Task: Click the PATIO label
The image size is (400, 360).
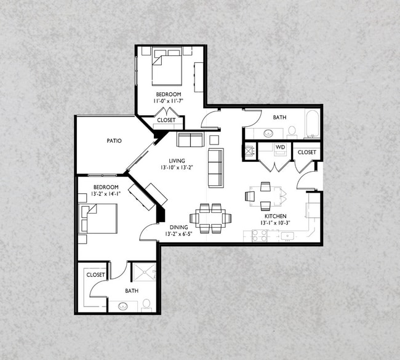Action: tap(114, 140)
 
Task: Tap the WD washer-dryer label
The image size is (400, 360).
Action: tap(280, 147)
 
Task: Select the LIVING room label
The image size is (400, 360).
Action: tap(177, 161)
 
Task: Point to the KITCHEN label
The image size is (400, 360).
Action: tap(276, 216)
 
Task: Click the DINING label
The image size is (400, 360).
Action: tap(179, 227)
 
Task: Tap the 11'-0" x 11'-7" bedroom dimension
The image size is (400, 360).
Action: tap(169, 101)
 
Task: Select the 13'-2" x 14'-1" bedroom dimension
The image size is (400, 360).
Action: tap(106, 194)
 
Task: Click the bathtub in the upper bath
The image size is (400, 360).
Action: tap(312, 123)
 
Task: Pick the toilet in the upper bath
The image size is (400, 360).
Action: tap(292, 132)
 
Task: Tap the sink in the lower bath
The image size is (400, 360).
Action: tap(123, 306)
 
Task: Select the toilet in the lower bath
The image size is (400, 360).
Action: tap(146, 305)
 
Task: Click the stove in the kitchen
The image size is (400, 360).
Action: tap(260, 236)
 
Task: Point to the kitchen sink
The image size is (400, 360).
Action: tap(287, 236)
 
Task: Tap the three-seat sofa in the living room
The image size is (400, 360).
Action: tap(216, 168)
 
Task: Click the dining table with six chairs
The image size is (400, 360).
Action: tap(210, 218)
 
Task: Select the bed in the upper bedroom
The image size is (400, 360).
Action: tap(167, 68)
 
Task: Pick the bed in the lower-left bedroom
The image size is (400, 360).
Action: tap(99, 218)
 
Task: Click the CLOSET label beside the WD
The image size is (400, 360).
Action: tap(307, 152)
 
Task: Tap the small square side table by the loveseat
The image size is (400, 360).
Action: tap(214, 140)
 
